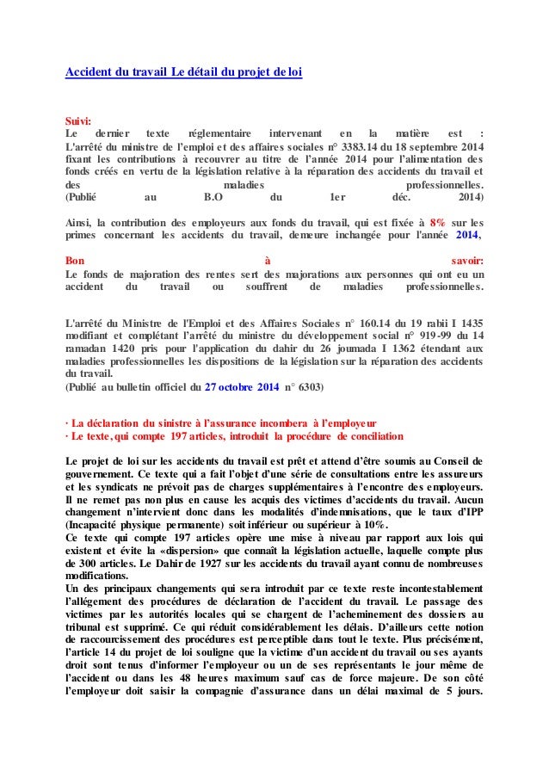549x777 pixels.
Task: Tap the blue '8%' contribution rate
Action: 439,221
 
